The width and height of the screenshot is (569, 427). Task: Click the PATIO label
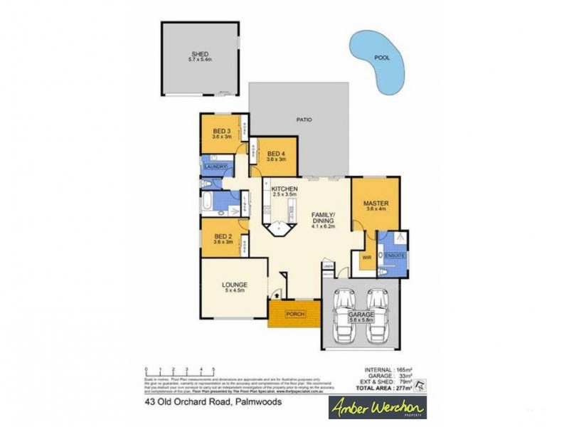(304, 120)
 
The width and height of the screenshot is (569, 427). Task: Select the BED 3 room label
(222, 132)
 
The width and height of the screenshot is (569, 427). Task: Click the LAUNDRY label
(216, 167)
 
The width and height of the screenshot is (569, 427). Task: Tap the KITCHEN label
(284, 189)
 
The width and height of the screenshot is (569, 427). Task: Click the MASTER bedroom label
(375, 203)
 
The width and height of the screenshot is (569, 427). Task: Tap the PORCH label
(294, 314)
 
